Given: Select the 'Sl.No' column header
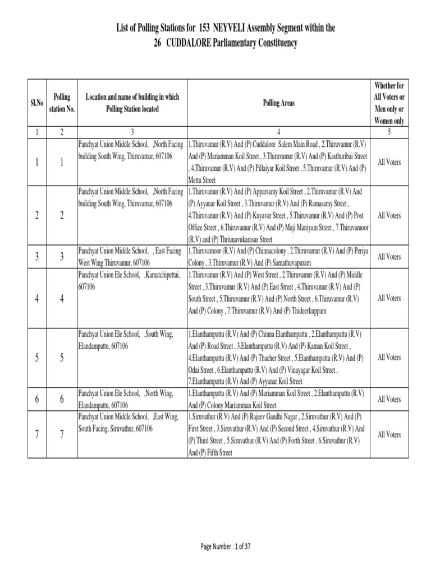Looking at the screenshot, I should click(36, 103).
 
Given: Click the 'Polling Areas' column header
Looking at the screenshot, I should click(278, 103).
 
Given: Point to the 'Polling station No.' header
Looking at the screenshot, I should click(62, 103).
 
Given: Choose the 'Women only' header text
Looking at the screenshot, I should click(388, 121).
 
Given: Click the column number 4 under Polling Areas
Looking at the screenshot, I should click(278, 132).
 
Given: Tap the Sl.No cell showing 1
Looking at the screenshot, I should click(36, 162).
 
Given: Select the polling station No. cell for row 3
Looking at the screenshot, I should click(62, 257).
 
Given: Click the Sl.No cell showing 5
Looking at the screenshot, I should click(36, 357).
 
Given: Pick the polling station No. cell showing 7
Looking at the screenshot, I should click(62, 435).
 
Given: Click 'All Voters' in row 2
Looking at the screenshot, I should click(389, 215).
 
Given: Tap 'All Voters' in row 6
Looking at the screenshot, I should click(389, 399).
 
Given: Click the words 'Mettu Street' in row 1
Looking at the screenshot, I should click(202, 180).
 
